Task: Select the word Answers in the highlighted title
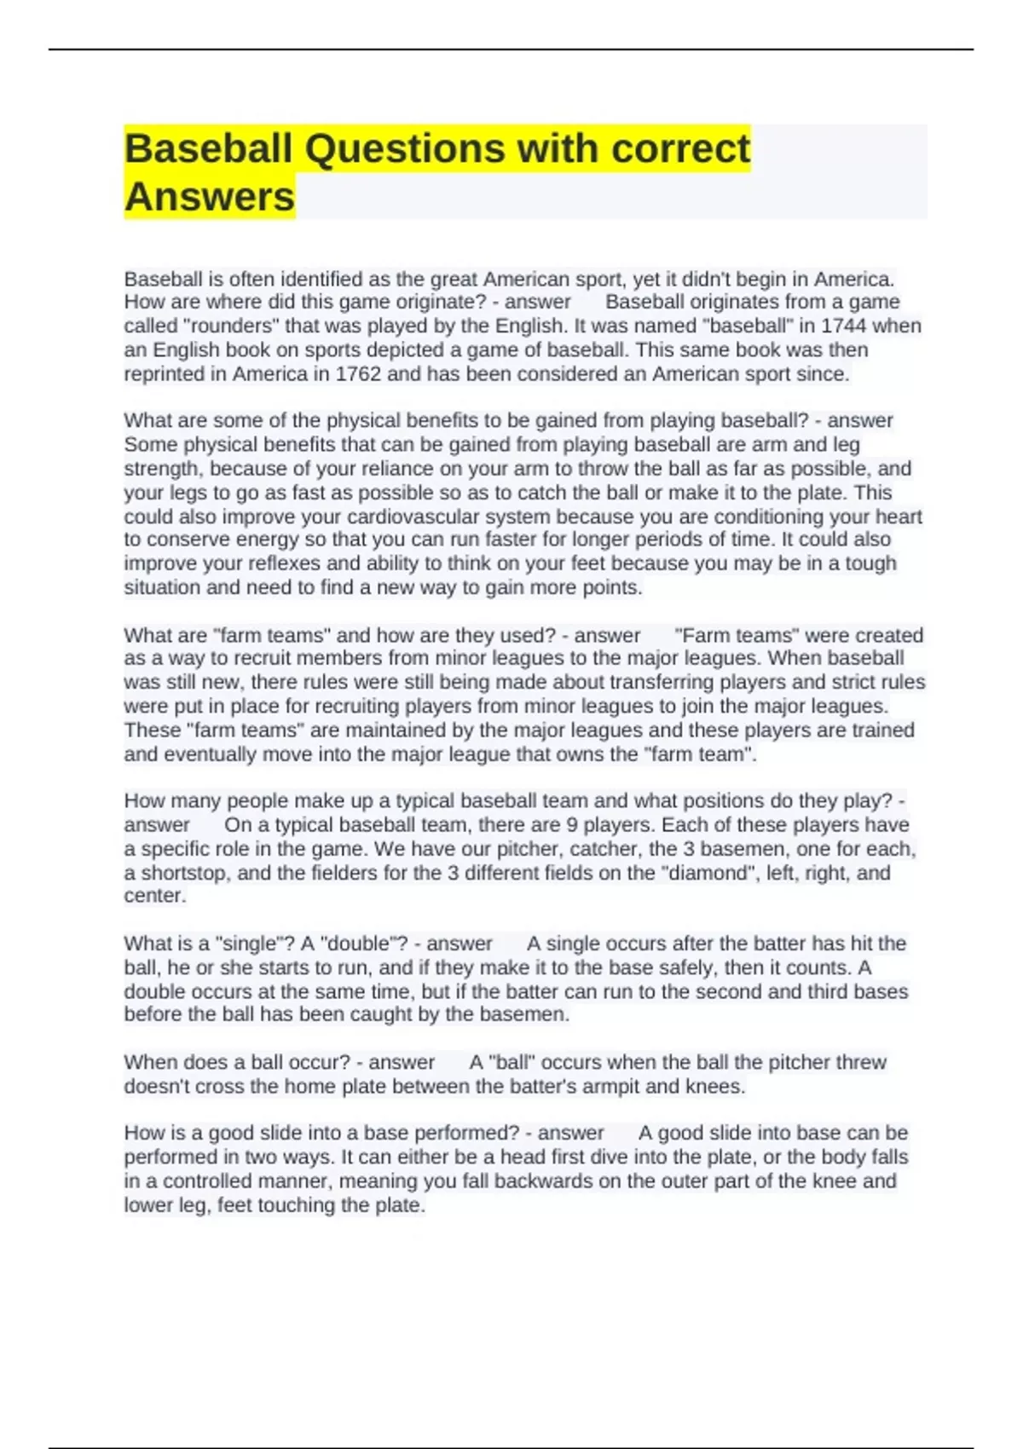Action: (210, 197)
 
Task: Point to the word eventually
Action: (210, 754)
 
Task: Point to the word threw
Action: (861, 1063)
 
